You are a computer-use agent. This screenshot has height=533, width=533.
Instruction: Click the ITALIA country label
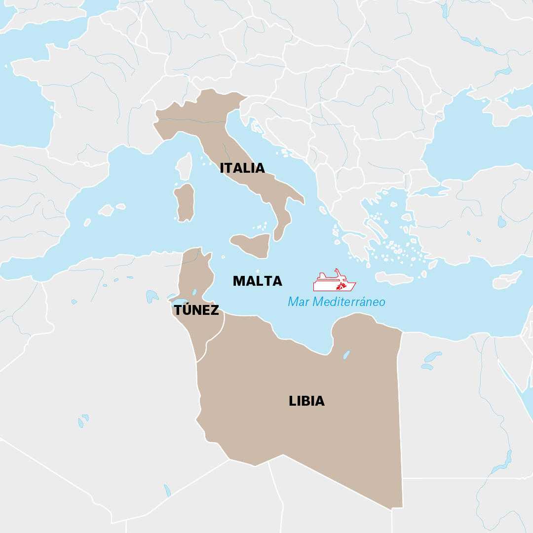point(242,168)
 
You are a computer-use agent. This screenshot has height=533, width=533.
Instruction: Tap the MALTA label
point(257,281)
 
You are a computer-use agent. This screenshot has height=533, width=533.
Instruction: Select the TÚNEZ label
point(196,310)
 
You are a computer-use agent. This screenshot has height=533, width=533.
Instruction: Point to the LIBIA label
point(306,401)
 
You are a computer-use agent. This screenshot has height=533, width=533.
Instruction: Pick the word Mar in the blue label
point(299,302)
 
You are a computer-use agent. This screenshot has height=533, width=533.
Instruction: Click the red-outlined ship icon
point(334,282)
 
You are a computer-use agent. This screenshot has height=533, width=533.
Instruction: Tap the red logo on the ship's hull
point(341,286)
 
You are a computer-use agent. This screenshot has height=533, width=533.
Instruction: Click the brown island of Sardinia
point(185,203)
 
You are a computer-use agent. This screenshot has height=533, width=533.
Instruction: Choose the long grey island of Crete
point(394,278)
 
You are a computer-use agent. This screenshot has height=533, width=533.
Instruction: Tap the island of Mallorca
point(106,211)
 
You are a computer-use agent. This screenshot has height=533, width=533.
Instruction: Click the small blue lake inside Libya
point(346,354)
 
